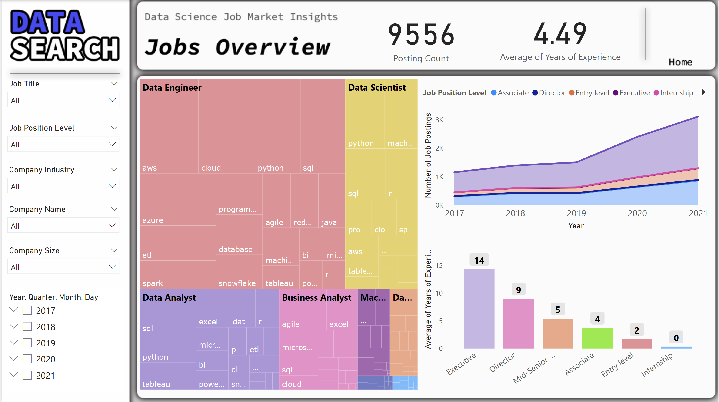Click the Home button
(x=680, y=62)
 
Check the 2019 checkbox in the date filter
(x=27, y=343)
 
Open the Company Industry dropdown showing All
(x=63, y=186)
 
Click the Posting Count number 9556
(x=421, y=35)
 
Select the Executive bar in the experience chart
(x=479, y=309)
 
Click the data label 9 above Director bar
(x=518, y=290)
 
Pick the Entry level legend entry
(x=589, y=93)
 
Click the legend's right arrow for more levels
(x=704, y=92)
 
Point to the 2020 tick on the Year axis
(x=637, y=213)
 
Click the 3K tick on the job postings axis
(x=439, y=120)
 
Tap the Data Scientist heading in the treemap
(x=376, y=88)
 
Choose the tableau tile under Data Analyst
(x=167, y=377)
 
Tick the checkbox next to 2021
(x=27, y=375)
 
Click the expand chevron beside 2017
(x=14, y=310)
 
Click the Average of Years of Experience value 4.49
(x=560, y=34)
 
